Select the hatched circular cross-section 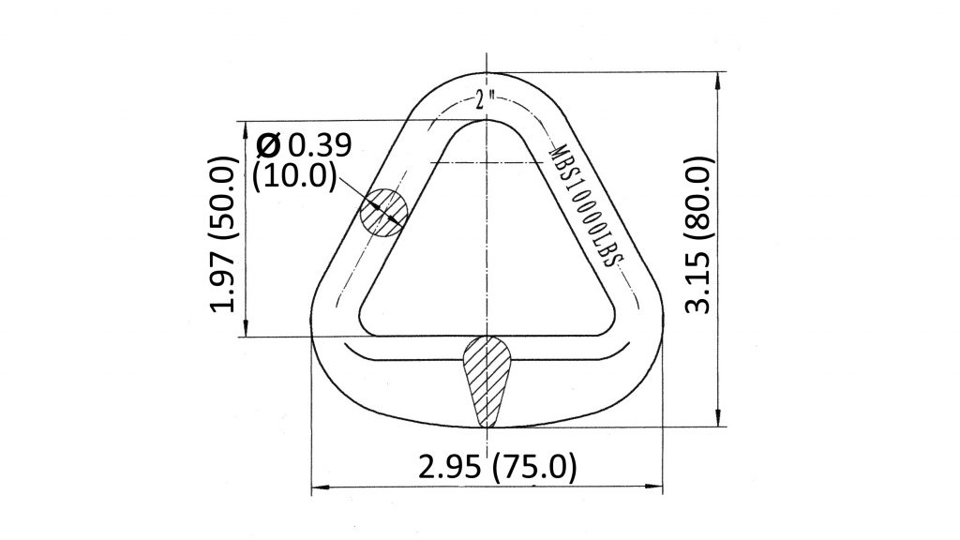pos(383,210)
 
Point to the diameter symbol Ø pos(268,146)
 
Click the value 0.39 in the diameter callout pos(319,146)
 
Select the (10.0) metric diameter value pos(295,175)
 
